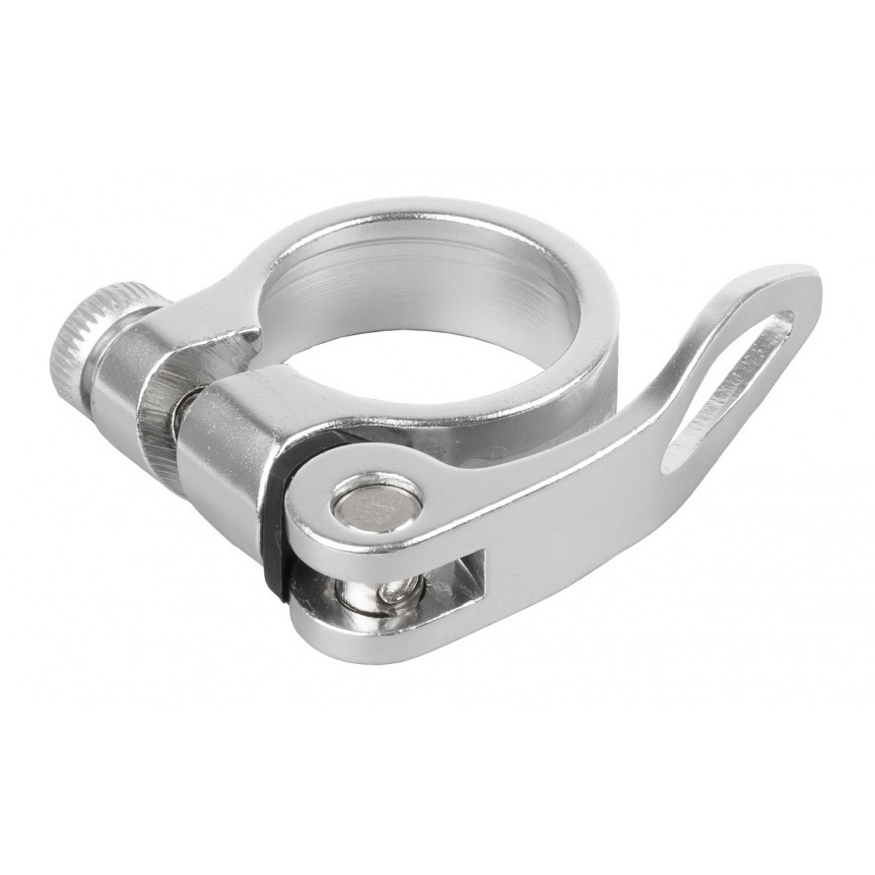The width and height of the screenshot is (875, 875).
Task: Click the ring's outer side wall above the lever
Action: click(532, 414)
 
